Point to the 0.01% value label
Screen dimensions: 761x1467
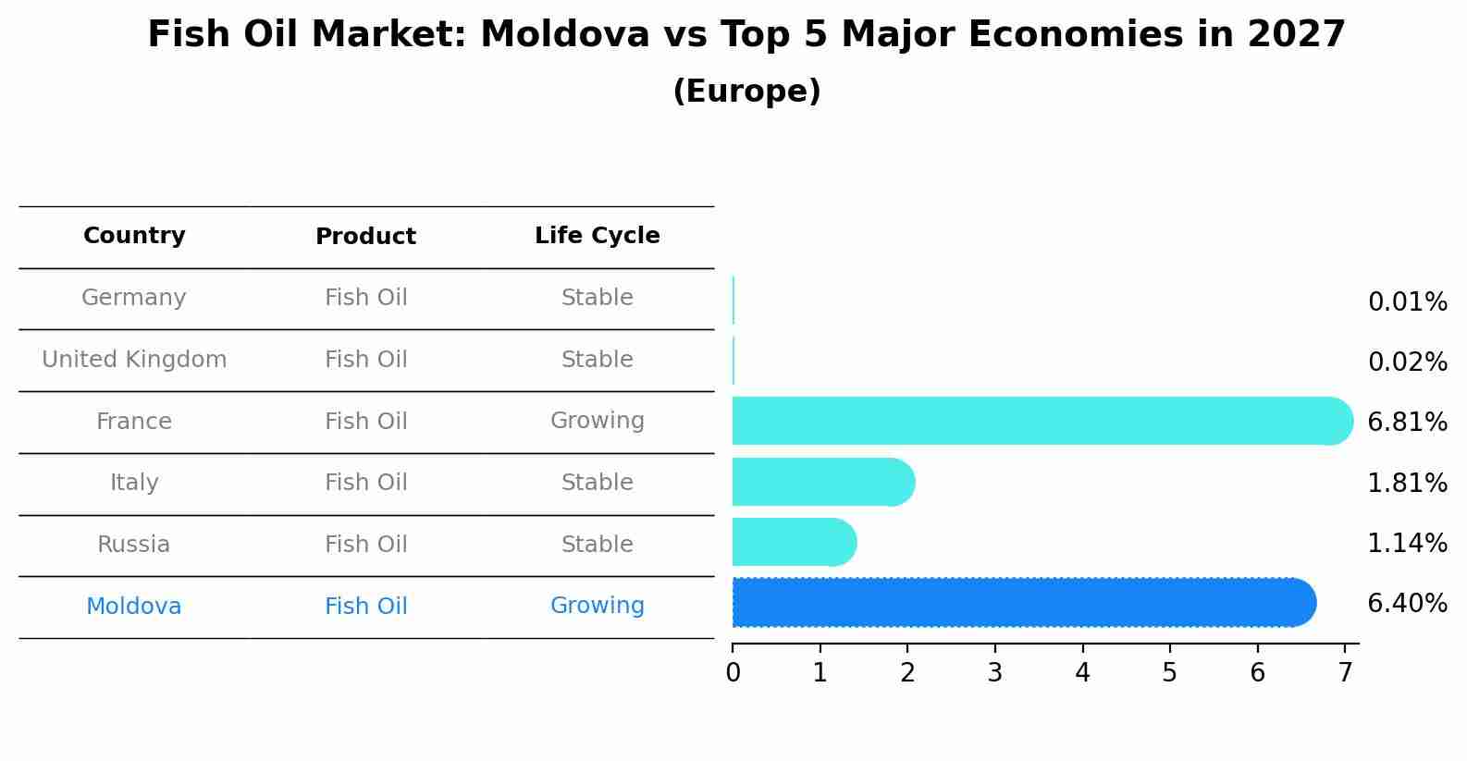pyautogui.click(x=1407, y=302)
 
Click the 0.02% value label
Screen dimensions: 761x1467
pyautogui.click(x=1407, y=362)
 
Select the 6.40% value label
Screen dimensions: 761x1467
pyautogui.click(x=1407, y=604)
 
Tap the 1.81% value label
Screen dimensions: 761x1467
pyautogui.click(x=1407, y=483)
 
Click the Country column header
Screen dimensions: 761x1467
pyautogui.click(x=134, y=236)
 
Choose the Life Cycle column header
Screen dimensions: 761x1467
pyautogui.click(x=597, y=236)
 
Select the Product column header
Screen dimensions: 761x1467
pyautogui.click(x=365, y=237)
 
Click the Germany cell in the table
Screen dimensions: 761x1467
pyautogui.click(x=134, y=298)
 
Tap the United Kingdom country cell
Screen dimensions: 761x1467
pyautogui.click(x=134, y=360)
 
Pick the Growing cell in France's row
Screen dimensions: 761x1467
pyautogui.click(x=597, y=421)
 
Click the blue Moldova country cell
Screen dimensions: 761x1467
pyautogui.click(x=134, y=607)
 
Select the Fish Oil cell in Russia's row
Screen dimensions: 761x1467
pyautogui.click(x=365, y=545)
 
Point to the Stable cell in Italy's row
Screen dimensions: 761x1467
pyautogui.click(x=597, y=483)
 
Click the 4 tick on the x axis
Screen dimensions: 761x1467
pyautogui.click(x=1082, y=673)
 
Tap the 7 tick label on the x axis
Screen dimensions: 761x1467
pyautogui.click(x=1345, y=673)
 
